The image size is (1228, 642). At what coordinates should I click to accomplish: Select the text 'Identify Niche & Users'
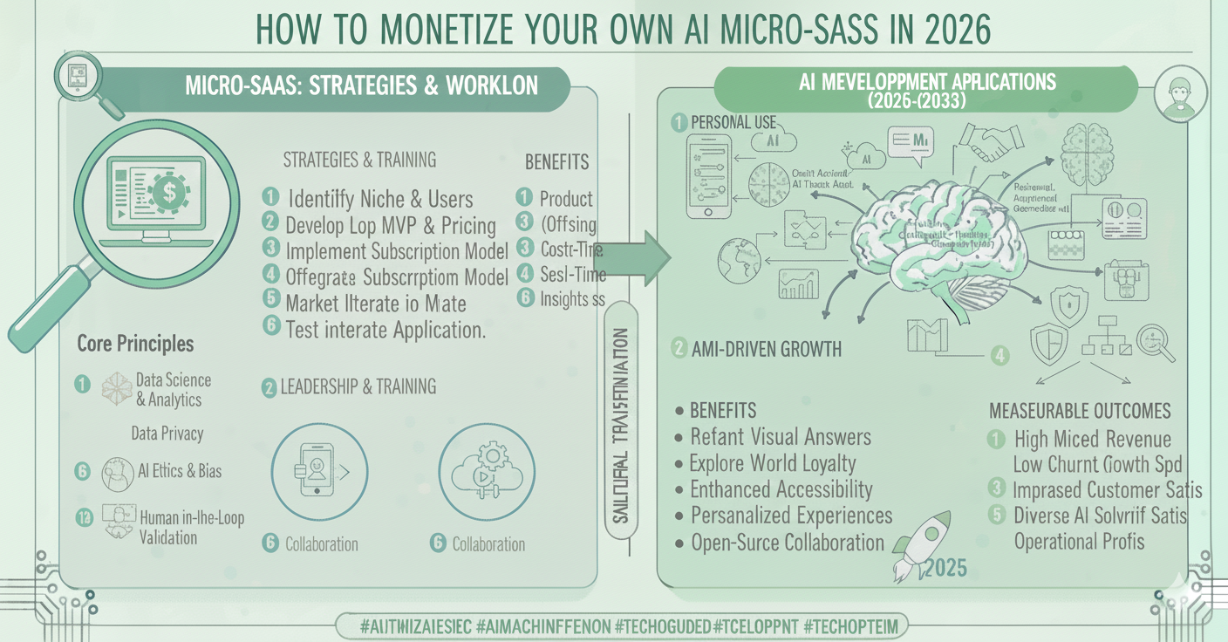[379, 198]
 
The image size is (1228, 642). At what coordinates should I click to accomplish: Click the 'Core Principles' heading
[135, 344]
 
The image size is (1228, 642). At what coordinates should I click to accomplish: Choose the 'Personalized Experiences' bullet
[791, 516]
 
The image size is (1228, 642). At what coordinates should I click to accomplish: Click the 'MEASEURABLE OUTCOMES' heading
[1080, 411]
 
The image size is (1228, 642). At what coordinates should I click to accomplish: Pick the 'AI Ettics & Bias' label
[180, 471]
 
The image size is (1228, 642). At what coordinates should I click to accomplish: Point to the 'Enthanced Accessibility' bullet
[781, 489]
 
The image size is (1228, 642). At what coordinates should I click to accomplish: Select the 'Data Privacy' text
[167, 433]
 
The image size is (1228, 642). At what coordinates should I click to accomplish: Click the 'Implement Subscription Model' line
[397, 251]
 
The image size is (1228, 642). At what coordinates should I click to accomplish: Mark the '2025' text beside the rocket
[945, 569]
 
